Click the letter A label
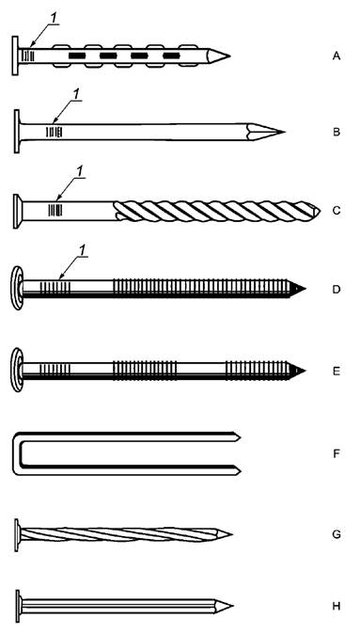click(337, 56)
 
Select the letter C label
click(337, 211)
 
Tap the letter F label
click(337, 453)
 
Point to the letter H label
click(337, 606)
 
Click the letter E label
click(337, 371)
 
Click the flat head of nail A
click(15, 55)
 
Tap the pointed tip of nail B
click(285, 132)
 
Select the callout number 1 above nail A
click(54, 19)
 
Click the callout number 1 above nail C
click(80, 171)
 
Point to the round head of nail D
click(17, 288)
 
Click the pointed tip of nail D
click(305, 289)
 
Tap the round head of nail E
click(17, 370)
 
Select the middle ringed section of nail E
click(145, 370)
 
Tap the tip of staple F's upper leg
click(240, 437)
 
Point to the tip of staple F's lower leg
click(240, 470)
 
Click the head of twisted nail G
click(17, 535)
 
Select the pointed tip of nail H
click(232, 606)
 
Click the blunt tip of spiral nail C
click(319, 211)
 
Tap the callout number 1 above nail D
click(82, 251)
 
